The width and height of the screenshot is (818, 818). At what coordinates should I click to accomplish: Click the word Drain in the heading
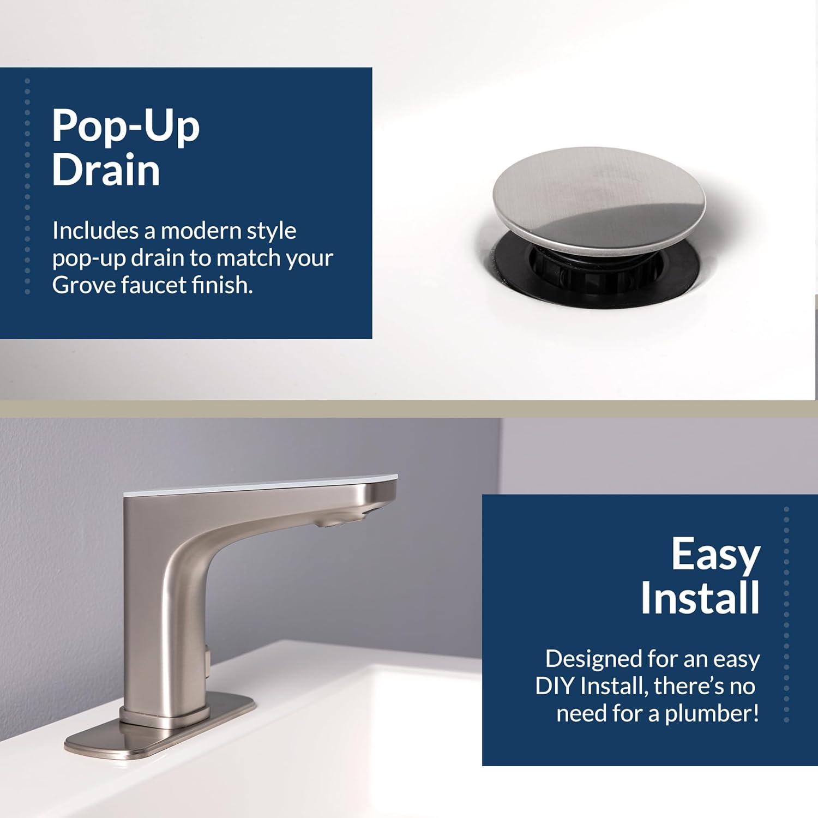[106, 170]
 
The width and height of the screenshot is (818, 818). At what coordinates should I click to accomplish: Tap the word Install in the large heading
[700, 599]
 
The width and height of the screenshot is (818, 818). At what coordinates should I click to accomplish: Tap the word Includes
[95, 231]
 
